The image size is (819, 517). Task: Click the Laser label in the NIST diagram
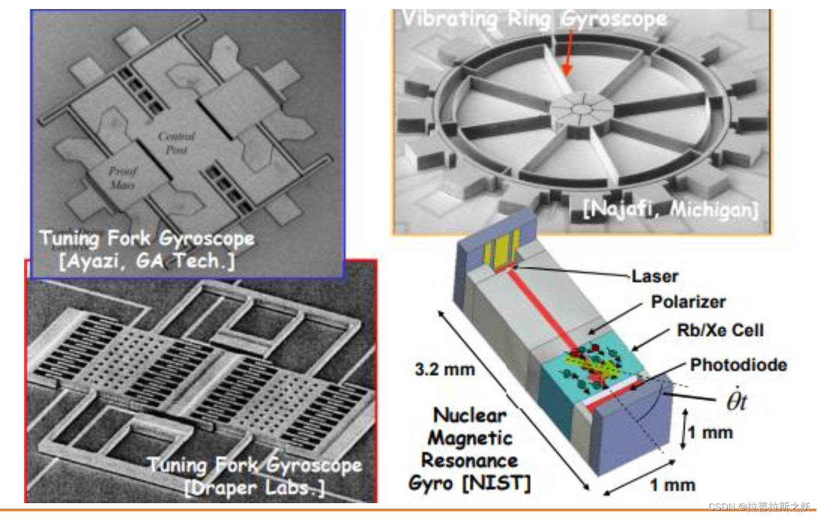(x=655, y=277)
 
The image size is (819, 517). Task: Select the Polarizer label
(x=688, y=302)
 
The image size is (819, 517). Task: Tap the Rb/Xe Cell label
(x=720, y=330)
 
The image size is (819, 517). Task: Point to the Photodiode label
(x=738, y=365)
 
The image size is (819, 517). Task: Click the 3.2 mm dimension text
(x=445, y=369)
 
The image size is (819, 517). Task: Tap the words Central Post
(x=176, y=143)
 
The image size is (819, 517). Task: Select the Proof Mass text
(x=122, y=178)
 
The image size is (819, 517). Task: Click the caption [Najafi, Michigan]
(x=670, y=209)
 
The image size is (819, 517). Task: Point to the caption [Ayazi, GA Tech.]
(x=147, y=261)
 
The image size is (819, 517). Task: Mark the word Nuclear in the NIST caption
(x=470, y=415)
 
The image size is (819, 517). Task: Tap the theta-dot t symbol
(x=736, y=401)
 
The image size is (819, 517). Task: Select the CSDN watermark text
(x=759, y=506)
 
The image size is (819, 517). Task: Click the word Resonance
(x=469, y=461)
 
